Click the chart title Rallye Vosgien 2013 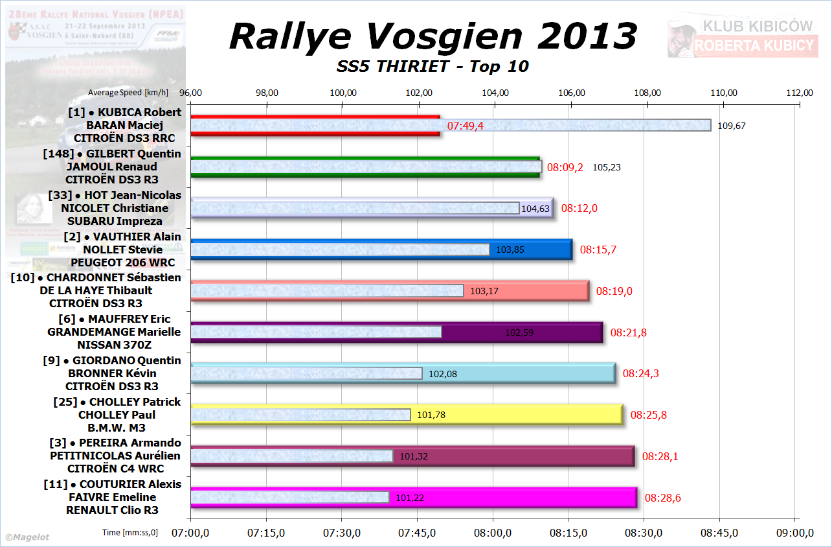(433, 36)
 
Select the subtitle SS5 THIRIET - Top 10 (433, 66)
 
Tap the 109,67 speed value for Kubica (732, 126)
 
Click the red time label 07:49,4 (465, 126)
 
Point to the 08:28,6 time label (662, 498)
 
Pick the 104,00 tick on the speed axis (495, 93)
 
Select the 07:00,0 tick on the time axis (190, 533)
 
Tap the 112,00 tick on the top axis (799, 93)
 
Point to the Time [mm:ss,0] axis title (130, 533)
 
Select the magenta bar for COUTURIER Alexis (518, 497)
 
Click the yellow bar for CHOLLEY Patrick (518, 414)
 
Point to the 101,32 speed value (413, 456)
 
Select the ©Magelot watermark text (27, 537)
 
